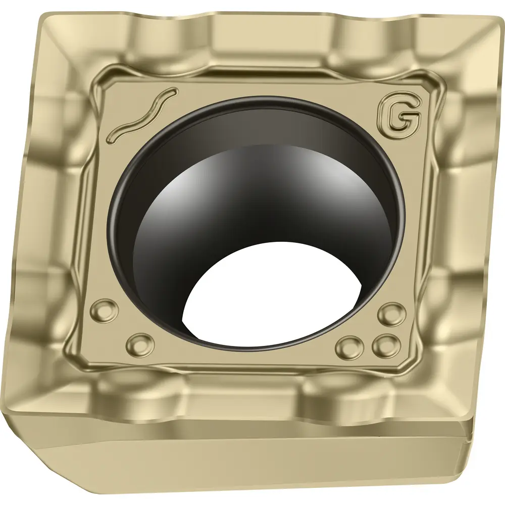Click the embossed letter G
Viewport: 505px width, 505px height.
coord(399,118)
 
